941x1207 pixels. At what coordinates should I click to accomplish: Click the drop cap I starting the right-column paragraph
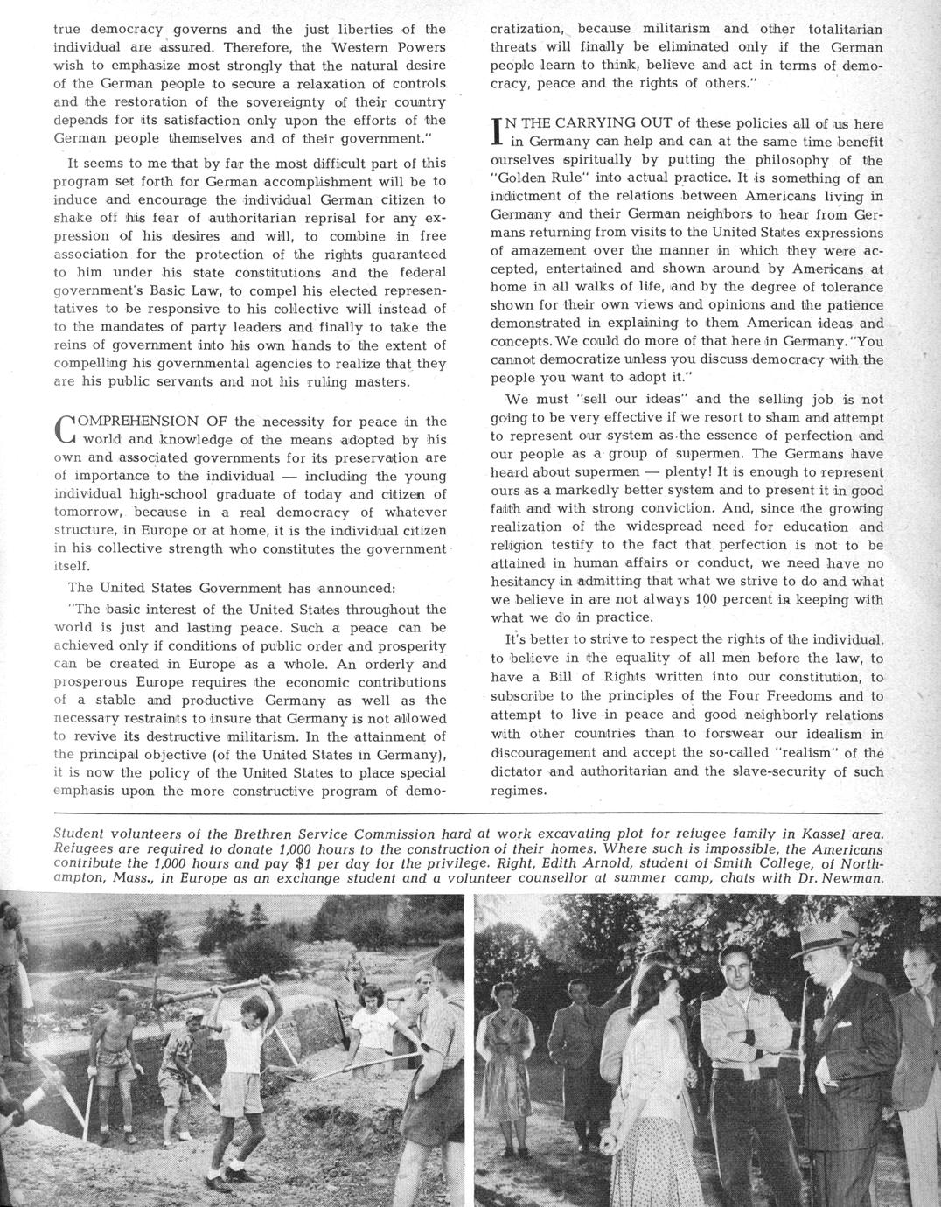click(x=496, y=131)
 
